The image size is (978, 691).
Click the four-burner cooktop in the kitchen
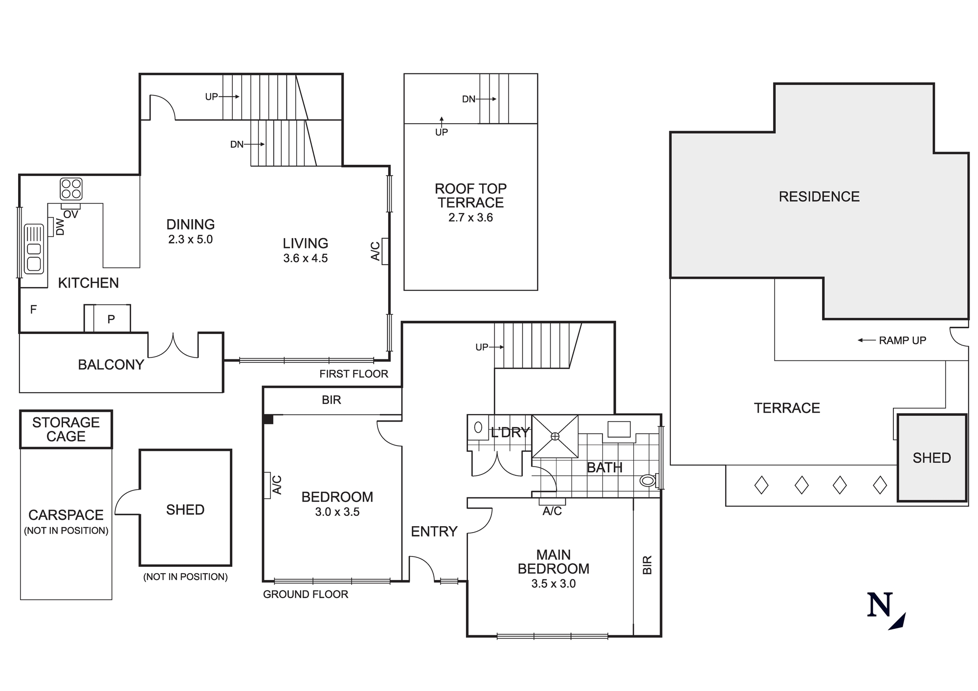pyautogui.click(x=71, y=189)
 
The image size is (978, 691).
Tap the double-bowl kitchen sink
pyautogui.click(x=34, y=249)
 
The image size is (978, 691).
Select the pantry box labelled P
pyautogui.click(x=111, y=319)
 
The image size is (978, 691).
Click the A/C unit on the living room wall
pyautogui.click(x=385, y=251)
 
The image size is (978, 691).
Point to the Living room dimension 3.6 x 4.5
pyautogui.click(x=305, y=258)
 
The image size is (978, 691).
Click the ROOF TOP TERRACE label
pyautogui.click(x=470, y=196)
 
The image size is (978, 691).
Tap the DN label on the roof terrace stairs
pyautogui.click(x=468, y=99)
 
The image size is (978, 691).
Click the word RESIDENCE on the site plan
pyautogui.click(x=819, y=197)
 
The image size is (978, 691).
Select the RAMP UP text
pyautogui.click(x=902, y=340)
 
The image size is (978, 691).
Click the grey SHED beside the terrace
pyautogui.click(x=932, y=458)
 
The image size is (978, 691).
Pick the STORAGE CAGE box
pyautogui.click(x=66, y=429)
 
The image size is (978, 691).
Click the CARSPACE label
pyautogui.click(x=66, y=515)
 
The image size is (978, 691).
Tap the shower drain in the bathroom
pyautogui.click(x=555, y=436)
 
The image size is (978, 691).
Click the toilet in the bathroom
pyautogui.click(x=648, y=481)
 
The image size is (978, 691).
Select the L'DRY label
pyautogui.click(x=510, y=432)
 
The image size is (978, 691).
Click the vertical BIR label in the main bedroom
pyautogui.click(x=647, y=565)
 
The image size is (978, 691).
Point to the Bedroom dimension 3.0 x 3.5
pyautogui.click(x=337, y=512)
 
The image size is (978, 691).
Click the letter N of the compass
pyautogui.click(x=880, y=605)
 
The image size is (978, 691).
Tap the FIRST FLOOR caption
pyautogui.click(x=354, y=374)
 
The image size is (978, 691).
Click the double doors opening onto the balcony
pyautogui.click(x=173, y=346)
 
